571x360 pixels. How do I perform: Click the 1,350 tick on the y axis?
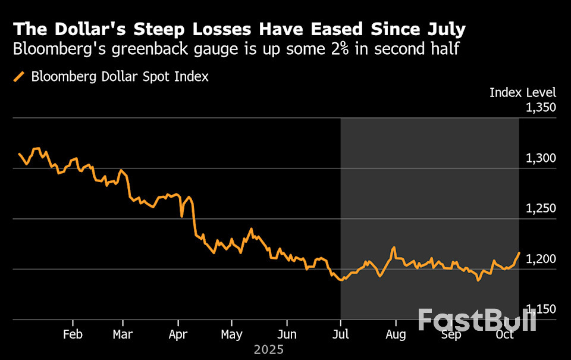[541, 108]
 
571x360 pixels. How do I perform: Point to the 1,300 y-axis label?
[541, 158]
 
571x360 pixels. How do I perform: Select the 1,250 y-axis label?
[541, 209]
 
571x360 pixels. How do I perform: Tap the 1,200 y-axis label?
[541, 259]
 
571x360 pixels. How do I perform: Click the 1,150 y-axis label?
[541, 309]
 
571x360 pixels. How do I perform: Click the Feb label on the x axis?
[73, 334]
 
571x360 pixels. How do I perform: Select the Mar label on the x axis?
[123, 334]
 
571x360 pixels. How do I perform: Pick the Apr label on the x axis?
[178, 334]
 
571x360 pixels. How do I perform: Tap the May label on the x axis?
[231, 334]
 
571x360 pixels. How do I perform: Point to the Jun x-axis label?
[287, 334]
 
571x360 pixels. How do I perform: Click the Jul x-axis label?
[340, 334]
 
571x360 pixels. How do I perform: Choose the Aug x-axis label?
[396, 334]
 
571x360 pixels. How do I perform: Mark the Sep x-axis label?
[451, 334]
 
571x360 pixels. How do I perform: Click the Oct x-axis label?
[505, 334]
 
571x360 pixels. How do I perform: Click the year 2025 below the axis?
[269, 349]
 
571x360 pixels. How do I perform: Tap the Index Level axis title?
[523, 92]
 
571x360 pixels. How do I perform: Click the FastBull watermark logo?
[476, 320]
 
